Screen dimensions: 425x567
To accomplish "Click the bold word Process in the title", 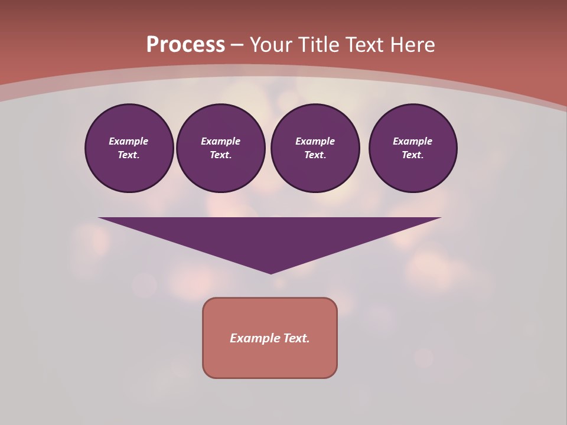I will (x=185, y=45).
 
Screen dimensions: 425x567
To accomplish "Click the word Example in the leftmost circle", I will (x=129, y=141).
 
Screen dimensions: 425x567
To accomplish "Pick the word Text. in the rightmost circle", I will (x=413, y=155).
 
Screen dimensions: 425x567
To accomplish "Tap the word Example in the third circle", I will (x=315, y=141).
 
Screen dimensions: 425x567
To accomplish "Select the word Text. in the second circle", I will (x=221, y=155).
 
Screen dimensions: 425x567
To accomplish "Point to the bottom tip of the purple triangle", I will (x=271, y=272).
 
